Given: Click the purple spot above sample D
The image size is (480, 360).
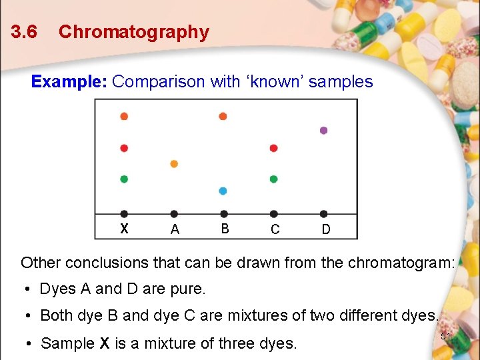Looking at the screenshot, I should coord(324,131).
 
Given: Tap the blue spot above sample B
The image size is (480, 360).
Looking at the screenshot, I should coord(223,191).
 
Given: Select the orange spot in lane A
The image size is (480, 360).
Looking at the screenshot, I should coord(174,163).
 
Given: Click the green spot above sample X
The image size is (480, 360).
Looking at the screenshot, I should coord(124,179).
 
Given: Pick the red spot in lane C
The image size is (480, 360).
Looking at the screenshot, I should coord(273,148).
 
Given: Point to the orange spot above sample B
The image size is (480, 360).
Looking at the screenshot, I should coord(223,116).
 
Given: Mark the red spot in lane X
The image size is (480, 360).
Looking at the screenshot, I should coord(124,148).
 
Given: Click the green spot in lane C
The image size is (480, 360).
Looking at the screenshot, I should coord(273,179).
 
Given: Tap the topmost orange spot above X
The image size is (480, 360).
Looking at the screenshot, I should coord(124,116).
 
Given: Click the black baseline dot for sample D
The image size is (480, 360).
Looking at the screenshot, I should coord(324,214).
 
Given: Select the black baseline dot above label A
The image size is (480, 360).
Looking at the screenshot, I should coord(174,214).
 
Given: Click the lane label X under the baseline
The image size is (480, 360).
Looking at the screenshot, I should coord(124,229).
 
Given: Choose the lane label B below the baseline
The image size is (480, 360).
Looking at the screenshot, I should coord(225,229).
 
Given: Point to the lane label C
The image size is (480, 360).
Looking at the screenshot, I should coord(275,229).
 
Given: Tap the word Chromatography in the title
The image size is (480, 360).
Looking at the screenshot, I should coord(134,32).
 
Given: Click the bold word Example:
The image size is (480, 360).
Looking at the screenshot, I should coord(69,82).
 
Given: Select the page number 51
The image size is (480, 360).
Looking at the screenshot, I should coord(447,337).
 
